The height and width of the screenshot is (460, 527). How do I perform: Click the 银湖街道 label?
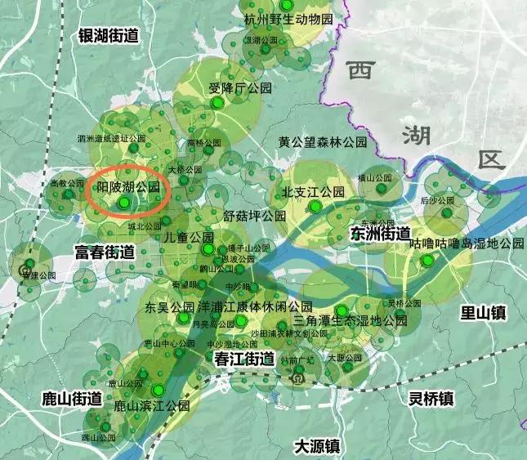[x=108, y=35]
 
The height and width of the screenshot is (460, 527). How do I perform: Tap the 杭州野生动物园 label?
[x=289, y=18]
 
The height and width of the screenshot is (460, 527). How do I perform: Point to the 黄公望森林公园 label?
[x=322, y=142]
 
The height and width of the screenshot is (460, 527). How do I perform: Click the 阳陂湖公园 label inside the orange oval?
[x=127, y=187]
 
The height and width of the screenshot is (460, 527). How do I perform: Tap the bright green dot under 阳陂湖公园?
[x=124, y=202]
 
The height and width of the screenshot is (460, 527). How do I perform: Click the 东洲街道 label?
[x=380, y=233]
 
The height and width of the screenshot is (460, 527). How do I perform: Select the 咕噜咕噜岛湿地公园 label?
[x=466, y=243]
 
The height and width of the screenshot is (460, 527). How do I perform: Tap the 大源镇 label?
[x=317, y=446]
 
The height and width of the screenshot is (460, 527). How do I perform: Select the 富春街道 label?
[x=105, y=252]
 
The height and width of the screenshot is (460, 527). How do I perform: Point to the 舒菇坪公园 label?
[x=254, y=216]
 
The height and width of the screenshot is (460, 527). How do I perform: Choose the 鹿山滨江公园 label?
[x=151, y=405]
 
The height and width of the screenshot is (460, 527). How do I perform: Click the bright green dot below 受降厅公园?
[x=217, y=104]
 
